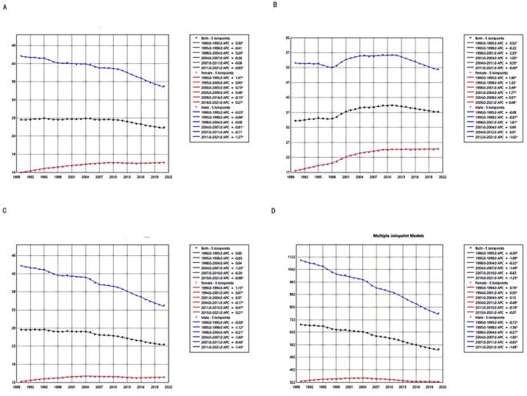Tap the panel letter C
click(5, 211)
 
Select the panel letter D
click(276, 211)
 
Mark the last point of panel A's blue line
click(164, 86)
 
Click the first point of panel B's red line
click(296, 171)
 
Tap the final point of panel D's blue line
click(438, 313)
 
